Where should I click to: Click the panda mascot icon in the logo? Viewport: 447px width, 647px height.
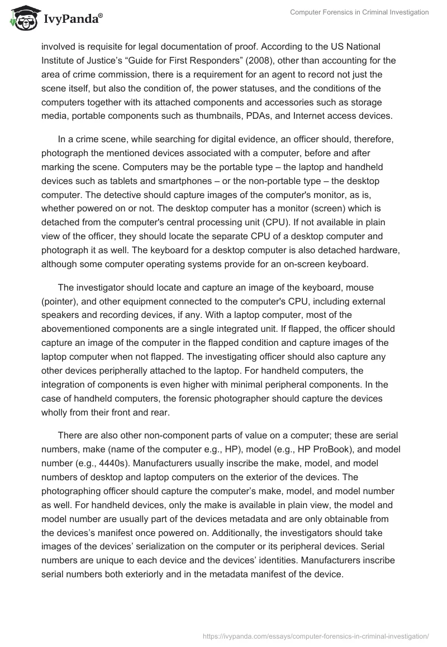coord(21,17)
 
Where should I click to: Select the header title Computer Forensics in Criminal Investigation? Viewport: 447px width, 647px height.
coord(359,12)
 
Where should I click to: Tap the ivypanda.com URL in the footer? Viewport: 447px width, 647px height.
coord(316,635)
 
